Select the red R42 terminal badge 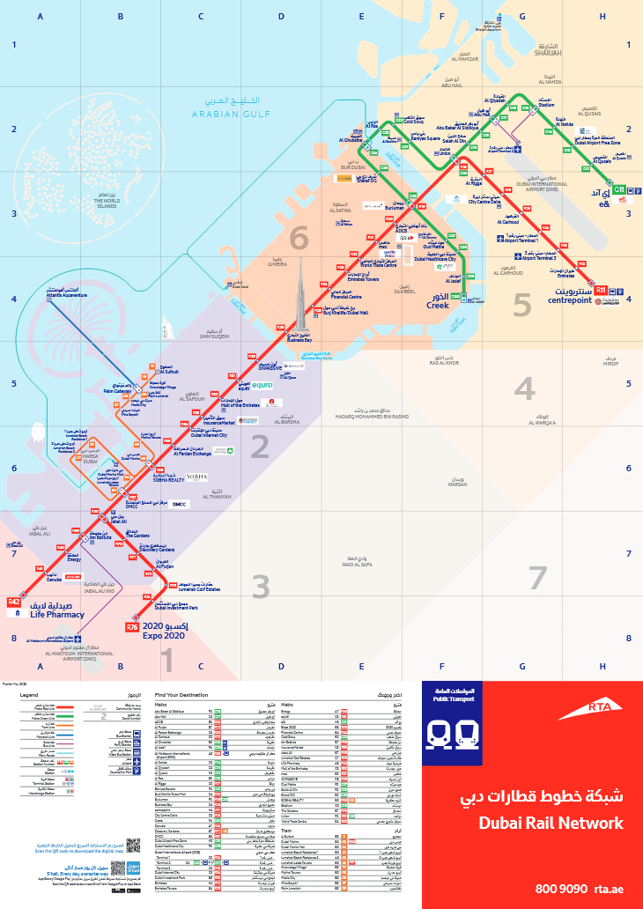click(x=13, y=602)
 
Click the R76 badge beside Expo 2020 click(x=132, y=627)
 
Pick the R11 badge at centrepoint click(x=602, y=289)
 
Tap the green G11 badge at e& click(x=619, y=189)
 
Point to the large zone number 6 click(x=300, y=239)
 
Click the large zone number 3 click(x=261, y=586)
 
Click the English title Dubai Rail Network click(x=551, y=824)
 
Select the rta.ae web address click(x=609, y=889)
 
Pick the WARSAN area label click(x=456, y=484)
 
